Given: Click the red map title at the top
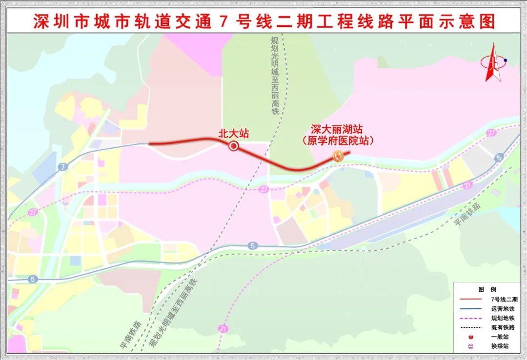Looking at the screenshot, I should point(264,21).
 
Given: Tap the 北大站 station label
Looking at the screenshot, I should point(233,133).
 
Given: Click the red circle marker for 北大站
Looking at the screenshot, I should point(234,146).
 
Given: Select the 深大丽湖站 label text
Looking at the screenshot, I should point(337,130).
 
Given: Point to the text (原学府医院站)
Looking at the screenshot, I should point(337,141).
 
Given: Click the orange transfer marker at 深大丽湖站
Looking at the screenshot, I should point(337,156).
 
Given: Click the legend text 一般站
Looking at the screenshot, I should point(500,337).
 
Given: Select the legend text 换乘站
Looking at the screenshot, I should point(500,346).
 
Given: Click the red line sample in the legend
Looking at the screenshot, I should point(470,299).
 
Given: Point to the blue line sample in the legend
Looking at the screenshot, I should point(470,309).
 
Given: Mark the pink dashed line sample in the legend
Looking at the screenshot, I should point(470,318).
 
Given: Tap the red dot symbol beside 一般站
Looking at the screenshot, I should point(470,337).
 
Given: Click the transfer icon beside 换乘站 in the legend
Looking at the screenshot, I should point(470,346).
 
